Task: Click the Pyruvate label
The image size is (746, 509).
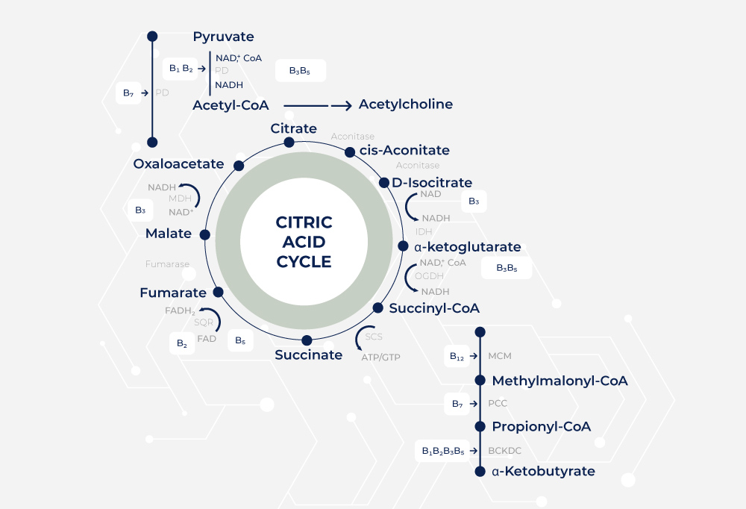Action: [x=223, y=37]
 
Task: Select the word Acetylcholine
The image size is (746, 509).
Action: [x=405, y=104]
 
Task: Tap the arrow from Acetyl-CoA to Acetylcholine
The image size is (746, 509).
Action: [x=316, y=105]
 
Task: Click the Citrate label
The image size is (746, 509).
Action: [x=293, y=129]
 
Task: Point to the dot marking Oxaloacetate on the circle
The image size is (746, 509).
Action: [x=239, y=166]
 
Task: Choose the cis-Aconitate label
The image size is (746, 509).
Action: [x=404, y=150]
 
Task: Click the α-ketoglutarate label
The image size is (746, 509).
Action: [x=467, y=247]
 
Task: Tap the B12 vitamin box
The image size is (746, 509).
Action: [x=457, y=357]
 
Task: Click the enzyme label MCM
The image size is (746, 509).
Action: [x=500, y=357]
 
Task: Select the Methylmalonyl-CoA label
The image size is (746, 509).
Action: [x=559, y=381]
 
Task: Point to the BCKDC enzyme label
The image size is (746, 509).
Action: [x=505, y=451]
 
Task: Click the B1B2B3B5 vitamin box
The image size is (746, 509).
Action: [x=443, y=451]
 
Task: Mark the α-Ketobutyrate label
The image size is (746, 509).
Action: [x=543, y=472]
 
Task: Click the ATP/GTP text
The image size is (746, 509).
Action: [x=380, y=357]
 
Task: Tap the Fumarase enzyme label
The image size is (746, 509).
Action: [x=167, y=264]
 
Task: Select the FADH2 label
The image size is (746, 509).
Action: [x=180, y=310]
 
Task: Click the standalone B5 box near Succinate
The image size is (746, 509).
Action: [x=240, y=340]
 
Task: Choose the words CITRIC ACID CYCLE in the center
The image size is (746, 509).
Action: [x=304, y=242]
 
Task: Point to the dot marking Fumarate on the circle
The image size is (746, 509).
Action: [x=219, y=293]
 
